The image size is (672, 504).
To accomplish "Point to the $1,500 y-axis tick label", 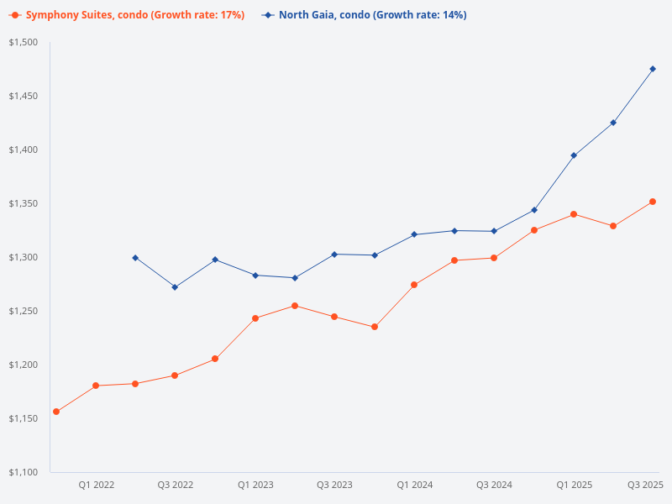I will coord(24,42).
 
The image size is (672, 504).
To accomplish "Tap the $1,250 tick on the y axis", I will coord(24,311).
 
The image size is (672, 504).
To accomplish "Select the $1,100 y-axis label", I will coord(24,472).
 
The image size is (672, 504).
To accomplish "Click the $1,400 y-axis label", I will coord(24,150).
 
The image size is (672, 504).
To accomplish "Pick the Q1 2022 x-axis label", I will coord(97,485).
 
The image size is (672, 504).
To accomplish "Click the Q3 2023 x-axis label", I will coord(334,485).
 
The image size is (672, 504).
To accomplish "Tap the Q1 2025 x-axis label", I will coord(574,485).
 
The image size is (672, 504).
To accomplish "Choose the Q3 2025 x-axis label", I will coord(645,485).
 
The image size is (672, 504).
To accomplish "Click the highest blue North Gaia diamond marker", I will coord(653,69).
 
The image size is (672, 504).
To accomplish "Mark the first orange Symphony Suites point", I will coord(56,412).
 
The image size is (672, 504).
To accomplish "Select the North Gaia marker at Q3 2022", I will coord(175,287).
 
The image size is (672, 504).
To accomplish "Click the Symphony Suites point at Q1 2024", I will coord(414,285).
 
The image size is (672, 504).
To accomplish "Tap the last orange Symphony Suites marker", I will coord(653,202).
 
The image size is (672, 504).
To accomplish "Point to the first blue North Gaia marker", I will coord(135,258).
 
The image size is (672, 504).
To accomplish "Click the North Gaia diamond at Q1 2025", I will coord(574,155).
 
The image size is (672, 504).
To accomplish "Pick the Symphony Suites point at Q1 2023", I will coord(255,318).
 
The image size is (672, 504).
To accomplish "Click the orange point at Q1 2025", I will coord(574,214).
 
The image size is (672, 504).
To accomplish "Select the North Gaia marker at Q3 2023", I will coord(334,254).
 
